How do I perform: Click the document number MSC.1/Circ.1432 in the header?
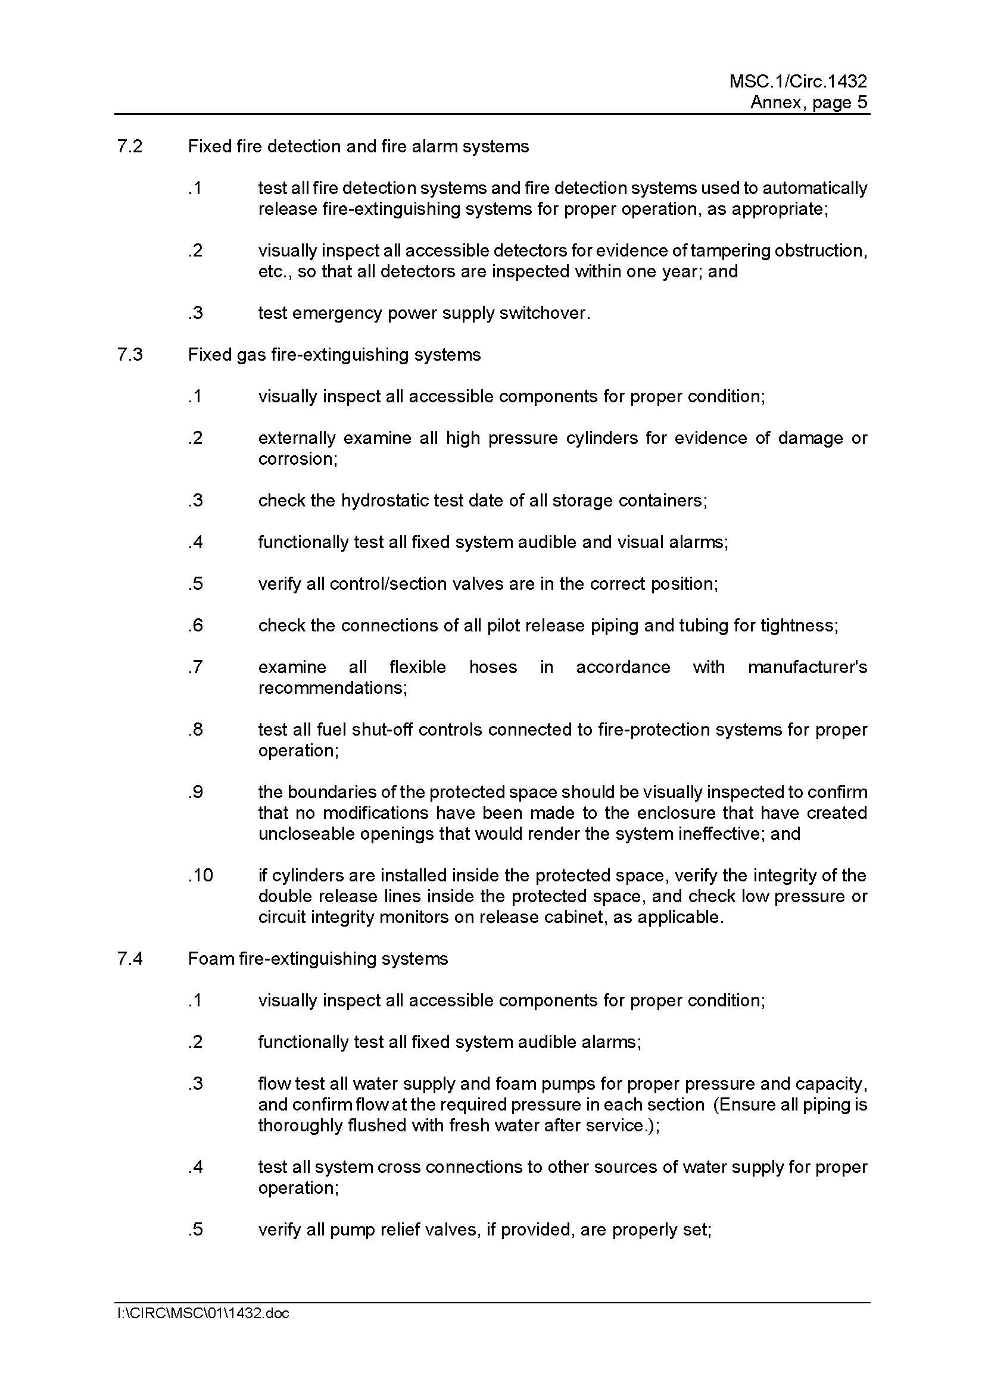(x=797, y=82)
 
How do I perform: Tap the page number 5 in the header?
(x=862, y=102)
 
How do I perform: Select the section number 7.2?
(x=130, y=147)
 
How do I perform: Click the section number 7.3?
(x=130, y=355)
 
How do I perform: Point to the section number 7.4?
(x=130, y=959)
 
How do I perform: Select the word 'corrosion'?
(x=297, y=459)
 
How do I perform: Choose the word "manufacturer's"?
(x=808, y=668)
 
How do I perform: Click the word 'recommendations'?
(x=331, y=688)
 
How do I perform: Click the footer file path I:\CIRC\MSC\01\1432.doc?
(x=203, y=1313)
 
